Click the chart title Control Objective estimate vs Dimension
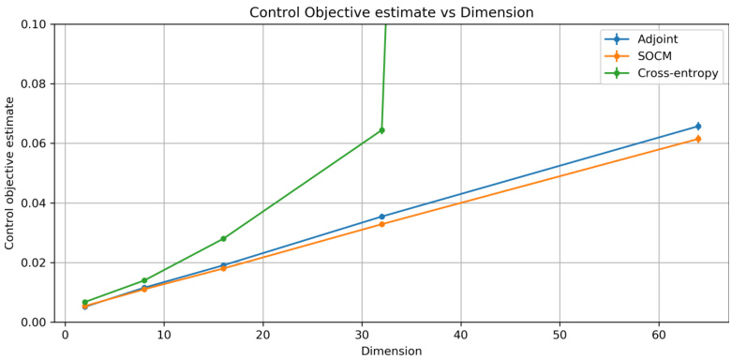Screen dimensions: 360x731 click(391, 12)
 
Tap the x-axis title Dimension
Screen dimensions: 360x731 click(391, 351)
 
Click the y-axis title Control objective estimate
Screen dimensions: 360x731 click(10, 172)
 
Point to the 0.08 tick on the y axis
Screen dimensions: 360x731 click(33, 83)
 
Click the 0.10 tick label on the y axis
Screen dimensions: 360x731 click(33, 24)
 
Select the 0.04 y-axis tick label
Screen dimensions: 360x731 click(33, 202)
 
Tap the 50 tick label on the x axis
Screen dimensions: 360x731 click(559, 335)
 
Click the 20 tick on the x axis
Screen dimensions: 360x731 click(262, 335)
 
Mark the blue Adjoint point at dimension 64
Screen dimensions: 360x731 click(698, 126)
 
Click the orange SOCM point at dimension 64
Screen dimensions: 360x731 click(698, 139)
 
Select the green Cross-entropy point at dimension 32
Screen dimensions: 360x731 click(381, 130)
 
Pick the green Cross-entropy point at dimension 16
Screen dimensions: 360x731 click(223, 238)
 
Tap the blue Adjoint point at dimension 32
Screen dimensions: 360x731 click(381, 217)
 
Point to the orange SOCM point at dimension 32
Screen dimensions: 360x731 click(381, 224)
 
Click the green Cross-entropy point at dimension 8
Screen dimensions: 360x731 click(144, 280)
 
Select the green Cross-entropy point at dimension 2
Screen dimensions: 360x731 click(84, 302)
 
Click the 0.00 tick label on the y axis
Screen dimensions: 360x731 click(33, 322)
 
